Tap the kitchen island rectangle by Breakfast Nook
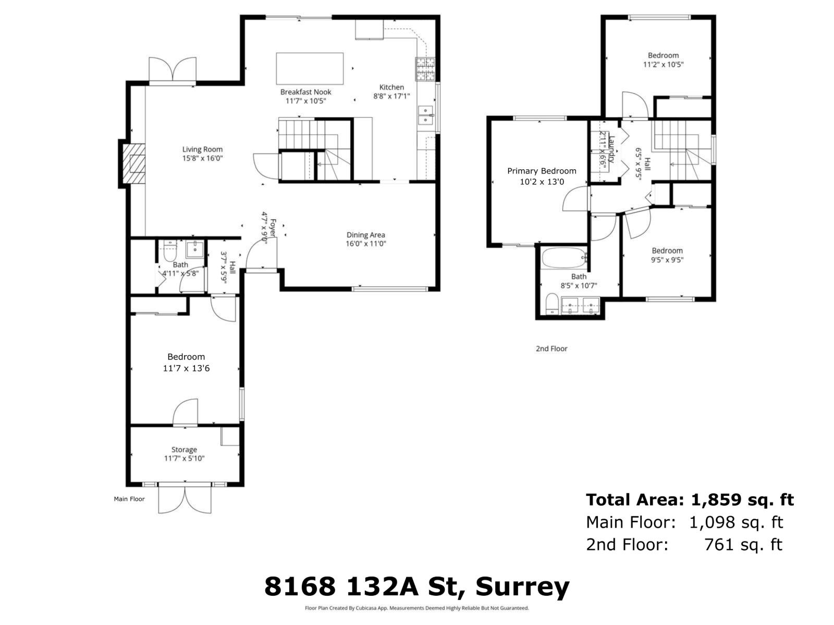310,68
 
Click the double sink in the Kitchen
426,115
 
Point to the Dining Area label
365,235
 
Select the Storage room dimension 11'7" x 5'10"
184,459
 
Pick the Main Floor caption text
129,499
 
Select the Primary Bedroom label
542,171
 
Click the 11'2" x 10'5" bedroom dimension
663,65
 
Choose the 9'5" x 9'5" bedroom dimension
667,260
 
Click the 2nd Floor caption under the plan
551,349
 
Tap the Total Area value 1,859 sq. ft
742,500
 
